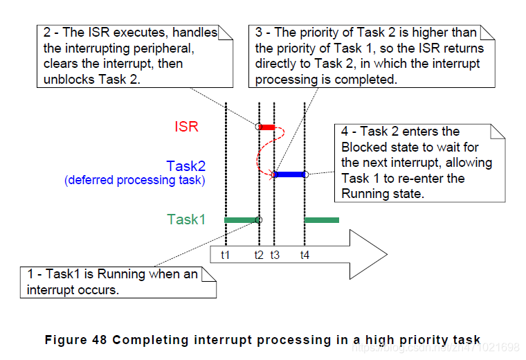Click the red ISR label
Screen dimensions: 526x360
tap(186, 127)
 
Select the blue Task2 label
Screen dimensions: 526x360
tap(185, 167)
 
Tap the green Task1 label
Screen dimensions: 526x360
tap(186, 219)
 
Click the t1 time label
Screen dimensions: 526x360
tap(226, 255)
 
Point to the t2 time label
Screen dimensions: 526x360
tap(259, 255)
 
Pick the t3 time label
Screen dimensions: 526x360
tap(274, 255)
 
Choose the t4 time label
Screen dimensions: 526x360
tap(305, 255)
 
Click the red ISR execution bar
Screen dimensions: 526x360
tap(267, 127)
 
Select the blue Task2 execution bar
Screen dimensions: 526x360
tap(290, 174)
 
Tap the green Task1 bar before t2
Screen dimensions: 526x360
tap(242, 219)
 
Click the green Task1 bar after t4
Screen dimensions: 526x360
tap(322, 219)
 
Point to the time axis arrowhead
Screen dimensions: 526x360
tap(370, 255)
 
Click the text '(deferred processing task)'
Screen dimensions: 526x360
tap(135, 181)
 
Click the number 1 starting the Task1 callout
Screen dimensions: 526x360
tap(30, 274)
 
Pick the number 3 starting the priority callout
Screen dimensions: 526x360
tap(259, 33)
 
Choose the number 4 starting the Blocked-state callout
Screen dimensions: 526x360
tap(345, 132)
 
